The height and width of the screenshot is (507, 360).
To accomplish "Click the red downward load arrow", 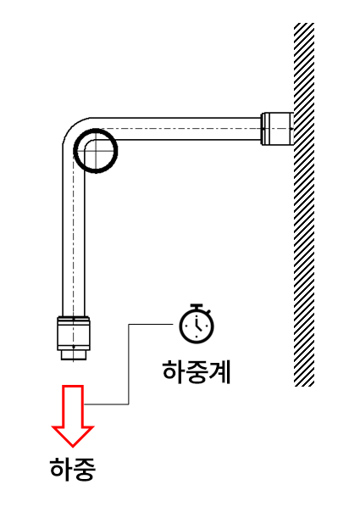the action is [73, 415].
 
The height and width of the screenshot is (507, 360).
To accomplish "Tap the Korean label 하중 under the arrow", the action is [73, 469].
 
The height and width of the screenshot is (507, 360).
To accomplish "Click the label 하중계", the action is [197, 372].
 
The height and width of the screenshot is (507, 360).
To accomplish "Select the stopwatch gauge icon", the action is [197, 324].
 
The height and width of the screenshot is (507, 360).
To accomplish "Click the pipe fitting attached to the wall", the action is [277, 129].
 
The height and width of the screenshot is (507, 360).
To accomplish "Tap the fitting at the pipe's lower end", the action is [74, 333].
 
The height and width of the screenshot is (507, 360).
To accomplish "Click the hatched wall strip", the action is [304, 204].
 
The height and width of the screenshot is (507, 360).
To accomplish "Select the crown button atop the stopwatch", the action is [197, 306].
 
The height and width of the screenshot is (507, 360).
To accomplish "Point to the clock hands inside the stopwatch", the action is [197, 325].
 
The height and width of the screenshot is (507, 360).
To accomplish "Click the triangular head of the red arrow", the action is [73, 437].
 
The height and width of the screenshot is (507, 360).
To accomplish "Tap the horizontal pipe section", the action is [176, 129].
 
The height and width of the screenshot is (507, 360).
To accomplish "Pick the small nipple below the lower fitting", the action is [74, 355].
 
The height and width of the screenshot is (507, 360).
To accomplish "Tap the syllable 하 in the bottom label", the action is [61, 469].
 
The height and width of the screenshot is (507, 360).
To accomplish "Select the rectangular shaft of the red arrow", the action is [73, 406].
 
